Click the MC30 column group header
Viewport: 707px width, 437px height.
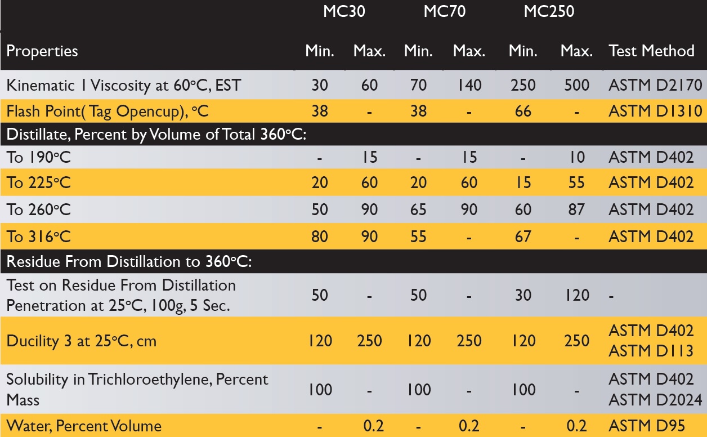(x=344, y=12)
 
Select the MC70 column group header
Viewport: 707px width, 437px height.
(x=444, y=12)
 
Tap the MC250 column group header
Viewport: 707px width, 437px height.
(x=549, y=12)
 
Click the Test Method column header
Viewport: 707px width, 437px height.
(x=651, y=51)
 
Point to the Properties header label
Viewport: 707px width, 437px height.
(x=42, y=51)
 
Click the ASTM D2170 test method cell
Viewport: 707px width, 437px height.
(x=655, y=85)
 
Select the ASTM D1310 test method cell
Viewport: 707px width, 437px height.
(x=655, y=111)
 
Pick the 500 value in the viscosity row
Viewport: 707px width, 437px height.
(x=576, y=85)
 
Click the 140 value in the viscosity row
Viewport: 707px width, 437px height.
(x=469, y=85)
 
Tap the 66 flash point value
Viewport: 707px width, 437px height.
(x=523, y=111)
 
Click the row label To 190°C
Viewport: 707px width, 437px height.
(x=39, y=157)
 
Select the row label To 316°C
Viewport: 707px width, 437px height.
(x=39, y=236)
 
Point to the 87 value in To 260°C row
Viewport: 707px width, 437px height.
(x=576, y=209)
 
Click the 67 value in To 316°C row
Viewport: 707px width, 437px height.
(x=523, y=236)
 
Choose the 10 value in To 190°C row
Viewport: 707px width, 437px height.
(x=576, y=157)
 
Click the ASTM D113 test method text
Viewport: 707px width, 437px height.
(x=651, y=351)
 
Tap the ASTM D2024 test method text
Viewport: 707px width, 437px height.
(x=655, y=400)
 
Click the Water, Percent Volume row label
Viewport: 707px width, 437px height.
(x=84, y=426)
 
